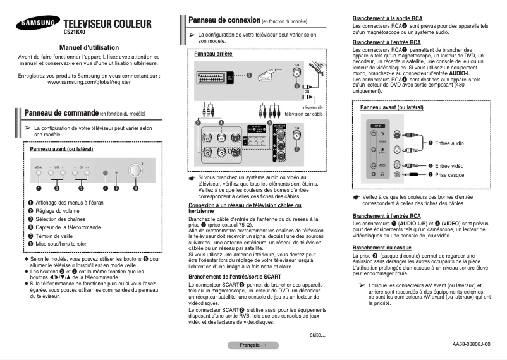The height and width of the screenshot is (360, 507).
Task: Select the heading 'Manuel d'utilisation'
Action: click(88, 47)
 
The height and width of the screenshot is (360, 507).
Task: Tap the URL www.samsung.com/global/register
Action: click(89, 82)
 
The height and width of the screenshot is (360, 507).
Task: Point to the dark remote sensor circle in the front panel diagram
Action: click(106, 172)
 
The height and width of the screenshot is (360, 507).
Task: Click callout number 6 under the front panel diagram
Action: click(135, 188)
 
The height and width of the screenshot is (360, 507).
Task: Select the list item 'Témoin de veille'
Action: click(56, 235)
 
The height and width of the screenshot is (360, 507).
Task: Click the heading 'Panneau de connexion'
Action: click(233, 21)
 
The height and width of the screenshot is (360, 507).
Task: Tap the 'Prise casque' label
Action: click(449, 174)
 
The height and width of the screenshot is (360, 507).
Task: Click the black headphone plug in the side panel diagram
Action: click(415, 174)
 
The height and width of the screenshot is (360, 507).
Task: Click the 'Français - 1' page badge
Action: click(253, 345)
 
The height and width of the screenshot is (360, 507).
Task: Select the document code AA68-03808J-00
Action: click(471, 344)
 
